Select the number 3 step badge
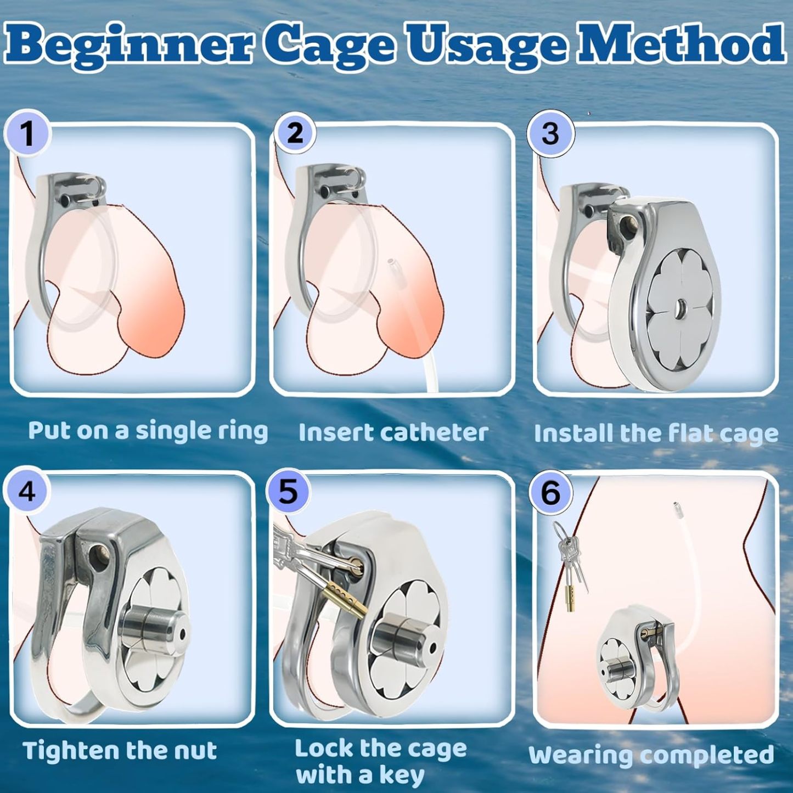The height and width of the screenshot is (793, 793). pyautogui.click(x=550, y=132)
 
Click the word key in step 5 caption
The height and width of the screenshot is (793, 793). pyautogui.click(x=401, y=776)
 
